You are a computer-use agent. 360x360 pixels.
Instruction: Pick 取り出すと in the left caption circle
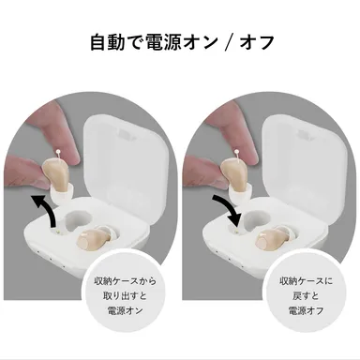127,296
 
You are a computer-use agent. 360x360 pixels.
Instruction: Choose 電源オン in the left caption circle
127,311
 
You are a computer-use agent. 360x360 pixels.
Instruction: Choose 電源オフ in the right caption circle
305,311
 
